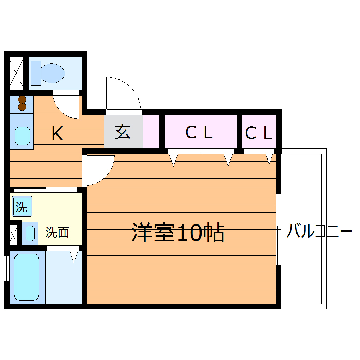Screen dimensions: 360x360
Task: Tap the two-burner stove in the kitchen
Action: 22,103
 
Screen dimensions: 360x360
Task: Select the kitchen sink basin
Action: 22,136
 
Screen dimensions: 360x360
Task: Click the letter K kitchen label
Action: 57,134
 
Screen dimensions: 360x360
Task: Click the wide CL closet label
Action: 199,133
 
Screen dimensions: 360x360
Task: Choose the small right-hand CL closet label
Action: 259,133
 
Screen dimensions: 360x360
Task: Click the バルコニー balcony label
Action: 319,232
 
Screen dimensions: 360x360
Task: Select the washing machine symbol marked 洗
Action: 22,206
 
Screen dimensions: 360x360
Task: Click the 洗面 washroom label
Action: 57,232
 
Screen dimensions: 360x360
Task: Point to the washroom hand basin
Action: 30,233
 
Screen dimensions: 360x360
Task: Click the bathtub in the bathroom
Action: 26,277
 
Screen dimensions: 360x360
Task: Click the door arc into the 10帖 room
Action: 99,170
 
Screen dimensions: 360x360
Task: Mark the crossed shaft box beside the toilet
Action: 16,73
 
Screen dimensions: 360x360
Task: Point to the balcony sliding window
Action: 278,229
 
